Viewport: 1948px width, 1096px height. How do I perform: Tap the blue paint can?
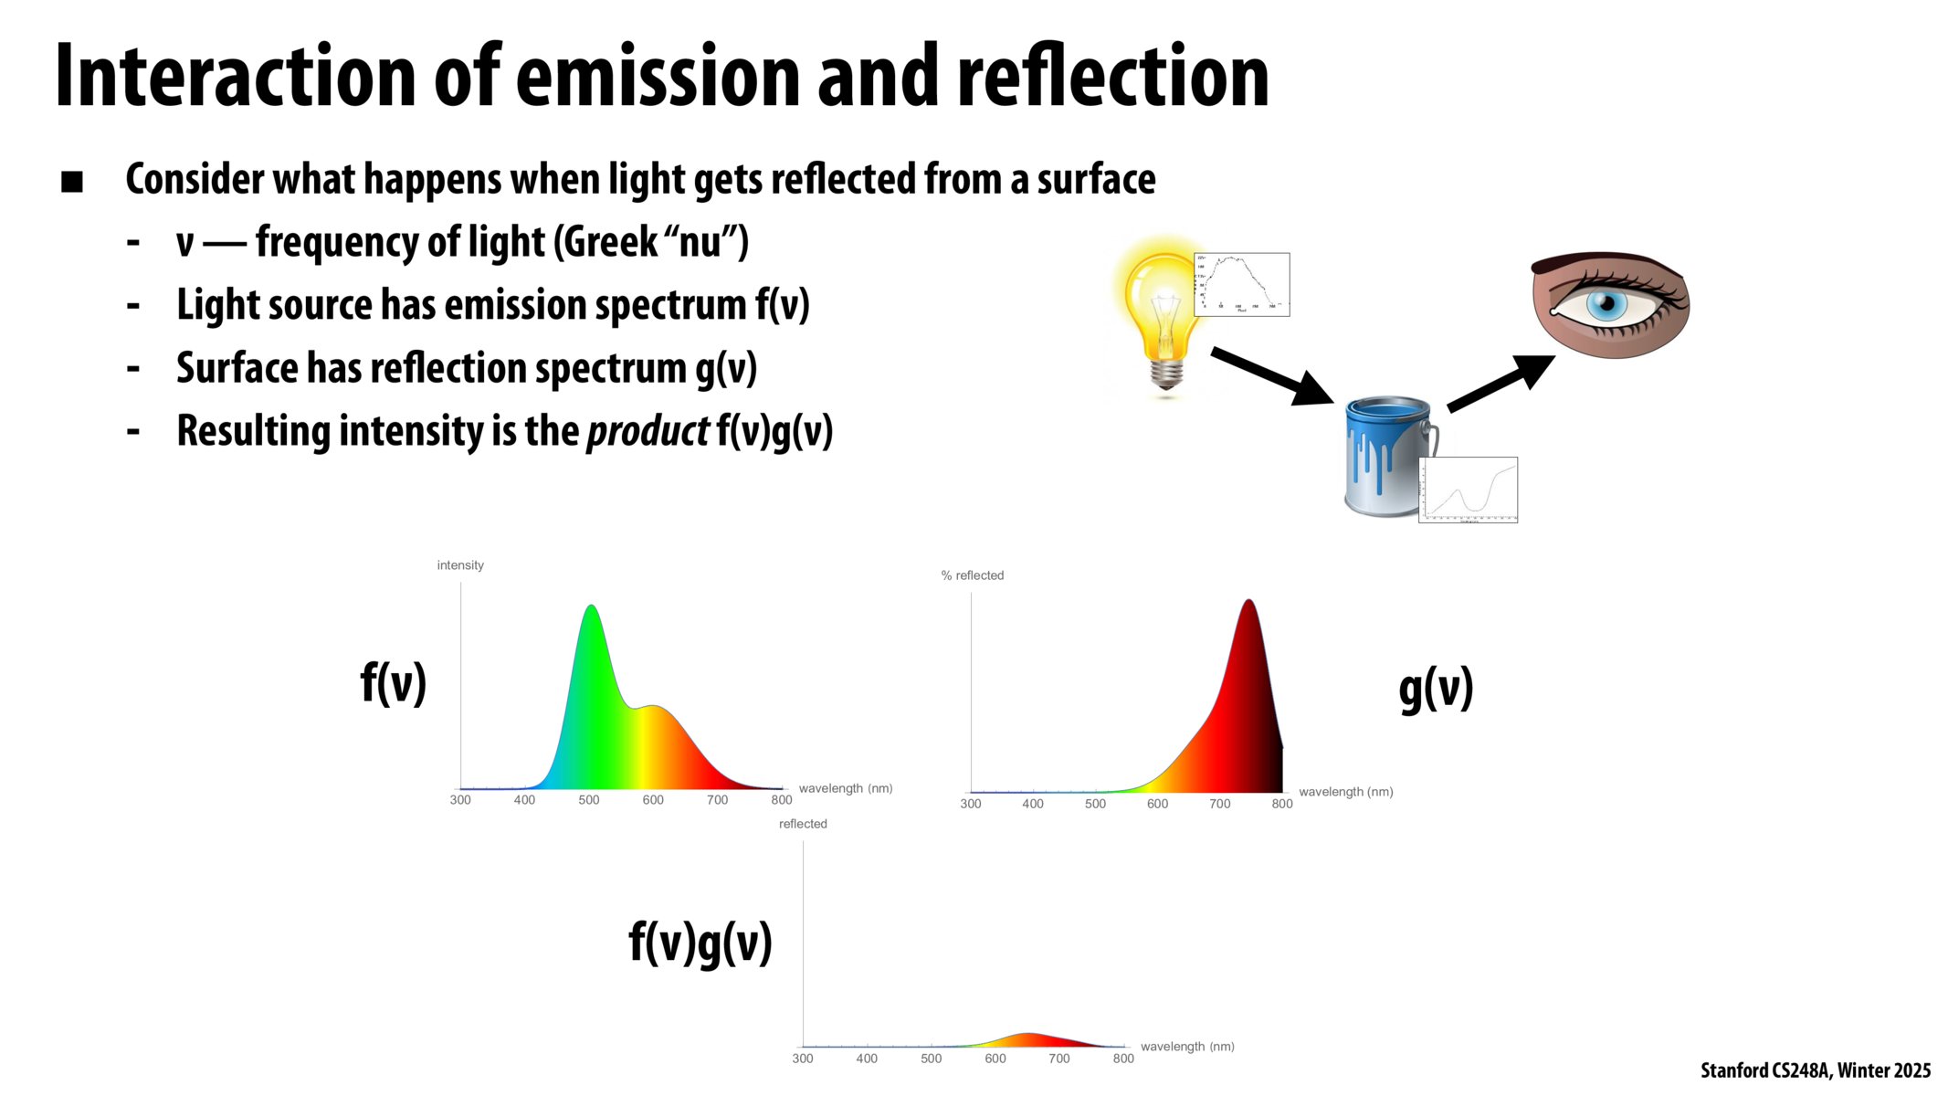[x=1384, y=457]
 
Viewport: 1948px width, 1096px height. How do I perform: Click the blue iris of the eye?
[x=1606, y=304]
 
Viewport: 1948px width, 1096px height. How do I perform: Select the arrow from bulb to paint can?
[x=1269, y=374]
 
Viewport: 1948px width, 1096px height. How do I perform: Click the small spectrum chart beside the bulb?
[x=1241, y=284]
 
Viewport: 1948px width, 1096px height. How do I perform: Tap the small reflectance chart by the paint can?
[x=1468, y=490]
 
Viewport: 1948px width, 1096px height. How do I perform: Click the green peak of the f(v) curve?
[x=591, y=612]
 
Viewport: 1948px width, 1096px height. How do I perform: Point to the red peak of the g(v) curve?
[x=1248, y=607]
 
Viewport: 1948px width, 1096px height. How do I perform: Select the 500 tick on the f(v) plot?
[x=589, y=800]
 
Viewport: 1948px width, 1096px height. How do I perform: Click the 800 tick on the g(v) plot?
[x=1282, y=804]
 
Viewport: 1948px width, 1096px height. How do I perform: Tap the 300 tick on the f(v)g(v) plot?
[x=803, y=1059]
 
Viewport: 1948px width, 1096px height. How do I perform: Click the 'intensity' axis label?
[x=460, y=565]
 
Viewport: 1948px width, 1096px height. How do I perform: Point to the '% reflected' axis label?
[x=973, y=575]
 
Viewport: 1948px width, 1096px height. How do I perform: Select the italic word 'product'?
[x=648, y=431]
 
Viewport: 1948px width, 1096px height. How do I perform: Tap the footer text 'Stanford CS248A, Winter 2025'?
[x=1815, y=1070]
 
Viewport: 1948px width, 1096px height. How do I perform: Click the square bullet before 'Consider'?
[x=72, y=182]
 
